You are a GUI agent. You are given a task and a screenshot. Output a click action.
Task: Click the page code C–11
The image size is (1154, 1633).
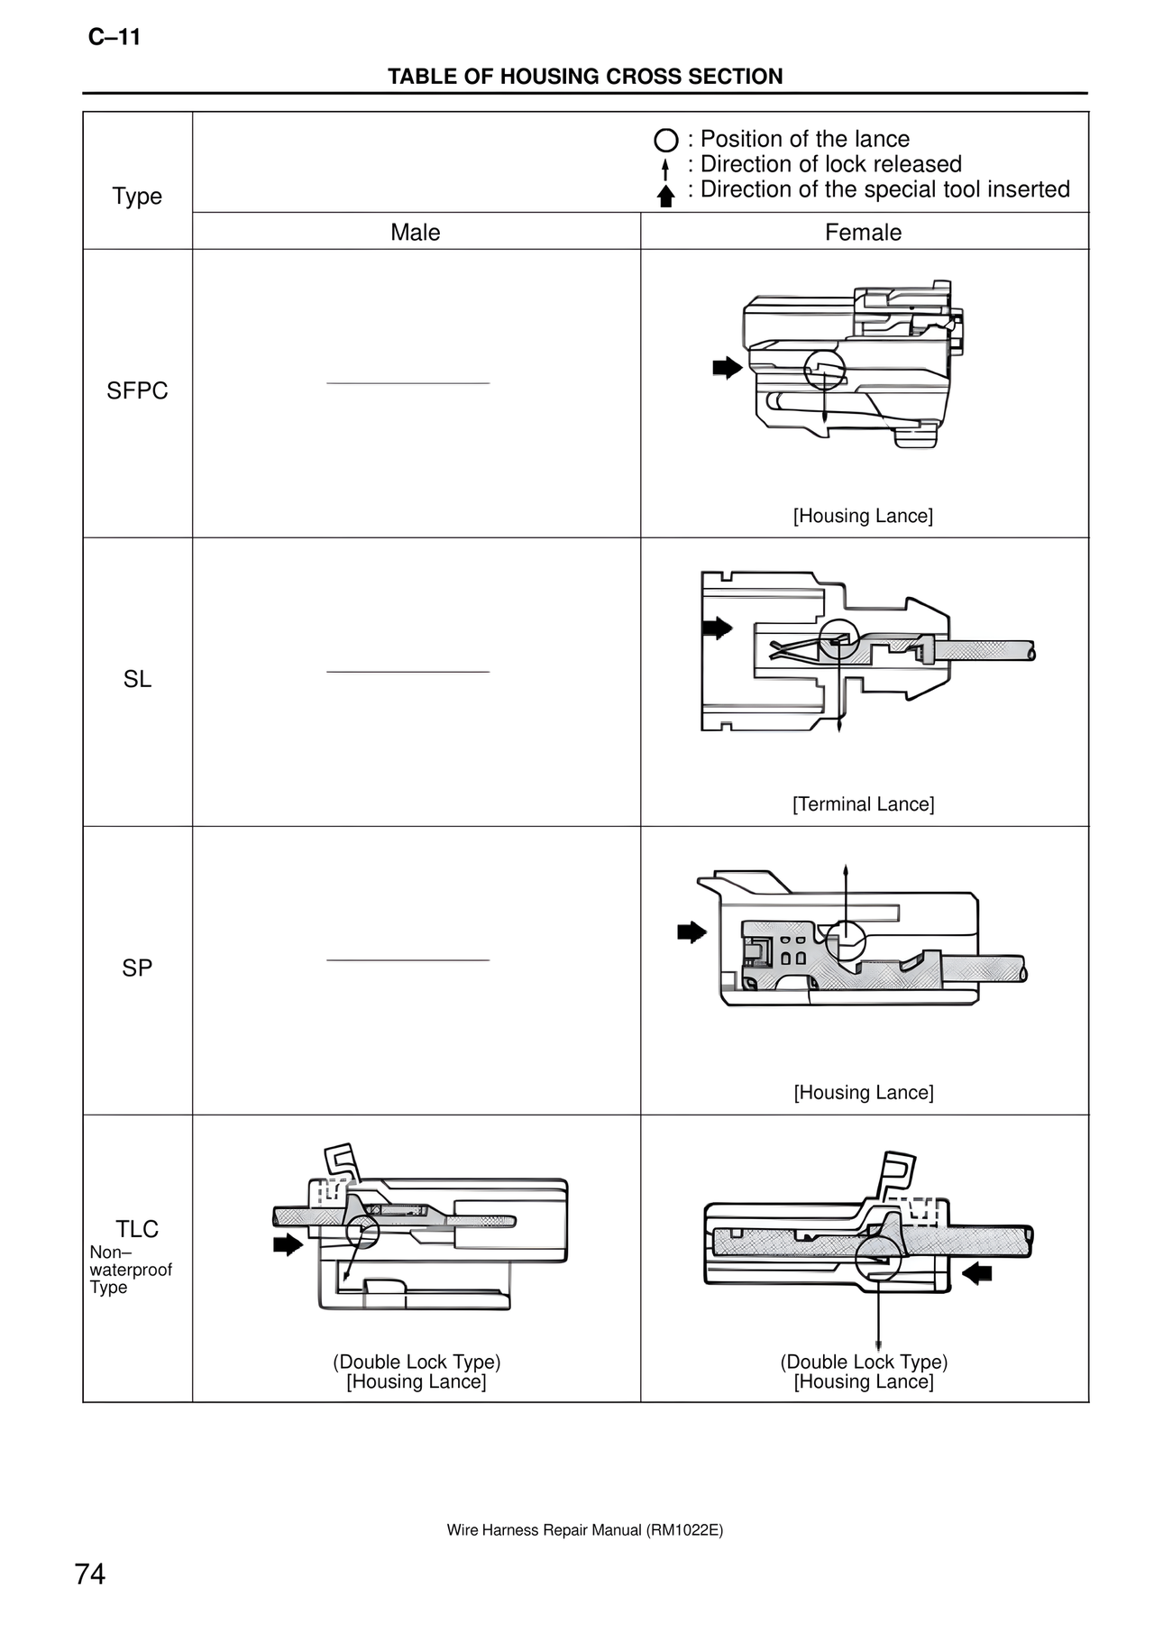pyautogui.click(x=114, y=38)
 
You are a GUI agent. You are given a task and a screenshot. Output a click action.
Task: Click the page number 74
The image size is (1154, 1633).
pyautogui.click(x=90, y=1573)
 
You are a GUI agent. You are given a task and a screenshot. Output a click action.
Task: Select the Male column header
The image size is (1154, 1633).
pyautogui.click(x=415, y=232)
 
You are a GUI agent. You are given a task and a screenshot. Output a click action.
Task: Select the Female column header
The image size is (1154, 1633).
pyautogui.click(x=863, y=232)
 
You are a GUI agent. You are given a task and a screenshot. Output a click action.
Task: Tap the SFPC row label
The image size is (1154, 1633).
pyautogui.click(x=137, y=390)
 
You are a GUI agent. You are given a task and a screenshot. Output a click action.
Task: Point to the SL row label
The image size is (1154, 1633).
pyautogui.click(x=137, y=679)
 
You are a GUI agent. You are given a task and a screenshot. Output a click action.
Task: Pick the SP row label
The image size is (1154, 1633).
pyautogui.click(x=137, y=968)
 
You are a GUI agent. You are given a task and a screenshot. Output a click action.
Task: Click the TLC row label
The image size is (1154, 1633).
pyautogui.click(x=137, y=1229)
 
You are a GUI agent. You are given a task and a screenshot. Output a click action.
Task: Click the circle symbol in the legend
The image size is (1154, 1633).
pyautogui.click(x=665, y=141)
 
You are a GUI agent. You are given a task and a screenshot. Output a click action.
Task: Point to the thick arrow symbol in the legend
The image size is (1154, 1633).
pyautogui.click(x=665, y=196)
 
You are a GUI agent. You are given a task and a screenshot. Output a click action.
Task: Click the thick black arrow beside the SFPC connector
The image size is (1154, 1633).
pyautogui.click(x=727, y=367)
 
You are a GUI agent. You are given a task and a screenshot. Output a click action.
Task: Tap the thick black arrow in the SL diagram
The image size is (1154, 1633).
pyautogui.click(x=718, y=628)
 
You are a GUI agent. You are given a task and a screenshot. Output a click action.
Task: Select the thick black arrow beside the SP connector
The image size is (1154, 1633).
pyautogui.click(x=691, y=932)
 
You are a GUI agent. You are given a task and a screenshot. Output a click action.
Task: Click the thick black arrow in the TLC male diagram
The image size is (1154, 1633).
pyautogui.click(x=288, y=1245)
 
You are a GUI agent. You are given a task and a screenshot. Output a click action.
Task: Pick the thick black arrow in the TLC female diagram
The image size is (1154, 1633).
pyautogui.click(x=976, y=1273)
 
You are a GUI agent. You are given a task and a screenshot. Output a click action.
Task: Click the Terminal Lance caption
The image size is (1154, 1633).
pyautogui.click(x=863, y=803)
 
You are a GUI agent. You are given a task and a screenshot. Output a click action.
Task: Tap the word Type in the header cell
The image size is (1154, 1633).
pyautogui.click(x=137, y=196)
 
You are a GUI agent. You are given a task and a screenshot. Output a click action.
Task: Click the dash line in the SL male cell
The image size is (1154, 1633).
pyautogui.click(x=408, y=672)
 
